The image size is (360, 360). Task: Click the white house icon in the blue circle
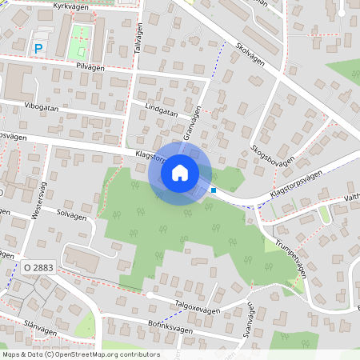(x=180, y=173)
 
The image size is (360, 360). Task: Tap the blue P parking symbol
(x=38, y=49)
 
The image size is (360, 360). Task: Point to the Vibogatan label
(x=42, y=105)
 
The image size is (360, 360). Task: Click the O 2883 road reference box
(x=38, y=267)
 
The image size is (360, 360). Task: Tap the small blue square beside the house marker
(x=214, y=190)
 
